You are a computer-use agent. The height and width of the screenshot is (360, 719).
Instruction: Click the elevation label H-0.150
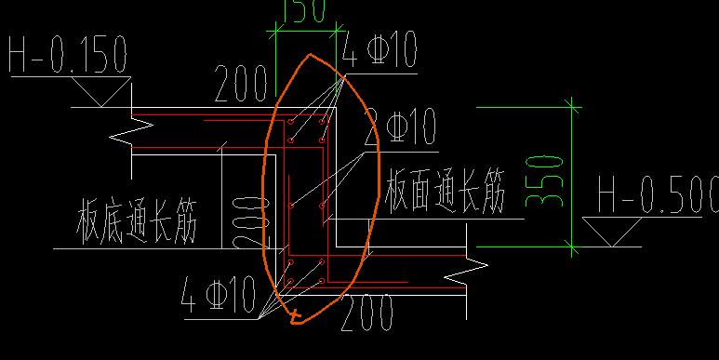[67, 56]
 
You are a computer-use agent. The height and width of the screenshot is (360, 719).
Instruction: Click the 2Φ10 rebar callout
[401, 127]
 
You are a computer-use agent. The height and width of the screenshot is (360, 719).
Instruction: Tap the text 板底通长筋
[137, 223]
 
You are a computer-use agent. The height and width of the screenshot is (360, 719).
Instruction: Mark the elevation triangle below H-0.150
[99, 94]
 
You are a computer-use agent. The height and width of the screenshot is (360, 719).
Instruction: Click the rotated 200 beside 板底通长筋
[243, 221]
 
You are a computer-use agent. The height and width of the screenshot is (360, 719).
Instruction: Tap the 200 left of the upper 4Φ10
[241, 85]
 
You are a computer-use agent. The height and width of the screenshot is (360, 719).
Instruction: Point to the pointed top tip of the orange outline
[310, 55]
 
